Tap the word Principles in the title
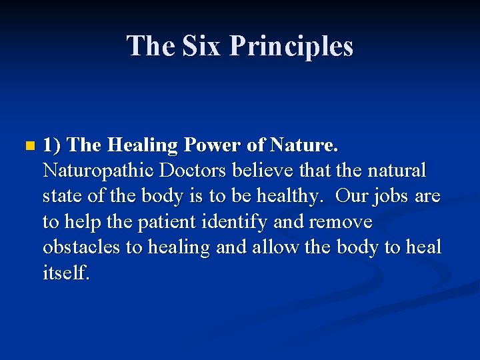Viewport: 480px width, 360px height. coord(291,46)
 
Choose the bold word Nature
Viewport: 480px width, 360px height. coord(304,145)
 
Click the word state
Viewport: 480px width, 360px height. coord(61,196)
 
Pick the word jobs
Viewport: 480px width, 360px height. coord(389,196)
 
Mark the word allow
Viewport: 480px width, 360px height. coord(274,247)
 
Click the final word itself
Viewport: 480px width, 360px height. coord(65,272)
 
